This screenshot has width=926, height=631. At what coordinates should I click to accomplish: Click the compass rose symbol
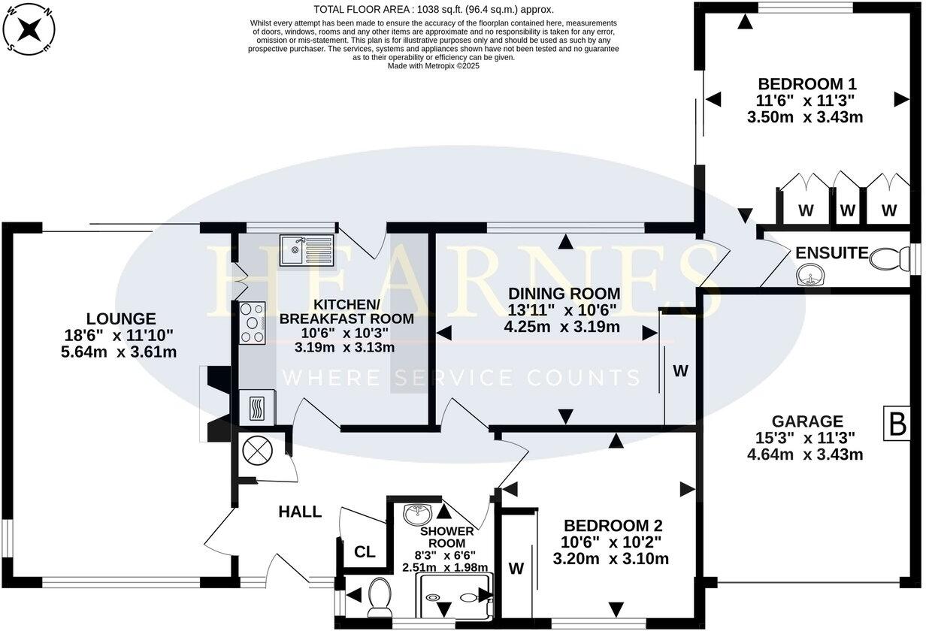click(x=29, y=30)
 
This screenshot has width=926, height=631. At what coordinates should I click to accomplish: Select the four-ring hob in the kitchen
click(x=252, y=323)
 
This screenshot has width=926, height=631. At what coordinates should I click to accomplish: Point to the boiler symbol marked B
click(x=897, y=425)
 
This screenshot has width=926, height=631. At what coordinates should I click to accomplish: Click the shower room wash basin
click(x=418, y=515)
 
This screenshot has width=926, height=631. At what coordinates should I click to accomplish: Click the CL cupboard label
click(x=365, y=553)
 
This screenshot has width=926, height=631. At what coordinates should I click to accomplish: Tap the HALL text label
click(x=300, y=512)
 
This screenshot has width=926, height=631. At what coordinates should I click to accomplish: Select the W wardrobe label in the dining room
click(x=679, y=370)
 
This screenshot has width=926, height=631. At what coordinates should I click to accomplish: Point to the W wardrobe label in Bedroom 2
click(x=516, y=569)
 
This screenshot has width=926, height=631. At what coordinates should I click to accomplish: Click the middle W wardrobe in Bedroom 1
click(x=847, y=210)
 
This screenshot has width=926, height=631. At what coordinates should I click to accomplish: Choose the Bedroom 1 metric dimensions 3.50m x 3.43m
click(x=804, y=117)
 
